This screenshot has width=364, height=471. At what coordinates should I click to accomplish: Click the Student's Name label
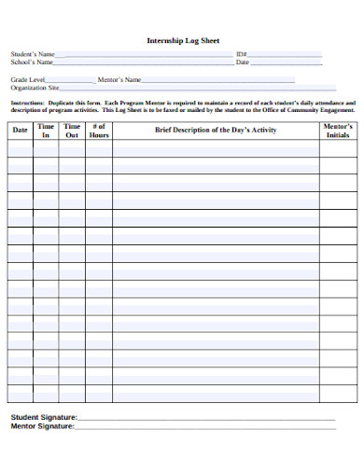[x=33, y=55]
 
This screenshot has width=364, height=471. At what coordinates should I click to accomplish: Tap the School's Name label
[x=32, y=62]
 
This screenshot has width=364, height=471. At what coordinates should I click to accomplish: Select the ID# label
[x=242, y=55]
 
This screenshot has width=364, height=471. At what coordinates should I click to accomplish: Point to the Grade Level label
[x=27, y=80]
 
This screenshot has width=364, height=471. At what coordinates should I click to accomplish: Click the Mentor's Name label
[x=119, y=80]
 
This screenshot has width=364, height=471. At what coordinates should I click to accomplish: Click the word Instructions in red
[x=27, y=102]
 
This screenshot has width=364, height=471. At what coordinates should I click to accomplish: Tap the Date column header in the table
[x=20, y=130]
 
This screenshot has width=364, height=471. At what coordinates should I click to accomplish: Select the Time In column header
[x=45, y=130]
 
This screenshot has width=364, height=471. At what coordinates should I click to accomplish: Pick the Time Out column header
[x=72, y=130]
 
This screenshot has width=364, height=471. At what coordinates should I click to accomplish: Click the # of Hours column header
[x=99, y=130]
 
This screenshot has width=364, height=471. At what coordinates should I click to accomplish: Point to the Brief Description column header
[x=216, y=130]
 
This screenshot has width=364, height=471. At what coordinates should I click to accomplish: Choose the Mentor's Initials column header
[x=337, y=130]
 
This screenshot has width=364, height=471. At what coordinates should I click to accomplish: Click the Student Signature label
[x=43, y=417]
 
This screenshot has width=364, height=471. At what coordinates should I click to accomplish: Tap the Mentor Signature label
[x=42, y=425]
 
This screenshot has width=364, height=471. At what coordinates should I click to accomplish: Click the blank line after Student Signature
[x=205, y=420]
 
